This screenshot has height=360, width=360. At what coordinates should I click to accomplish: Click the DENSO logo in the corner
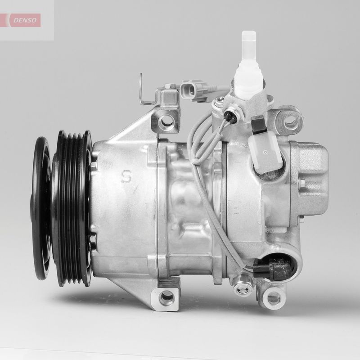tap(23, 20)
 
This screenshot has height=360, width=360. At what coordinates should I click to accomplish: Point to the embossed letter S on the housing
tap(126, 176)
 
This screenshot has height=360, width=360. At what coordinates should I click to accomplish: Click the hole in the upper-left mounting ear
tap(167, 120)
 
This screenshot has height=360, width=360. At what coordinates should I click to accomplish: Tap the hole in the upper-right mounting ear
tap(290, 120)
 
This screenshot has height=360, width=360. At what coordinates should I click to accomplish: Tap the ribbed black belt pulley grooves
tap(72, 207)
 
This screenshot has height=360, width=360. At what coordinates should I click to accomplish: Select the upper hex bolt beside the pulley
tap(93, 165)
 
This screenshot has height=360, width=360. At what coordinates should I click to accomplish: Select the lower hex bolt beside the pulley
tap(93, 239)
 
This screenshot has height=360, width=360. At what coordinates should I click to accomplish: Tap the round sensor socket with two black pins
tap(228, 112)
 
